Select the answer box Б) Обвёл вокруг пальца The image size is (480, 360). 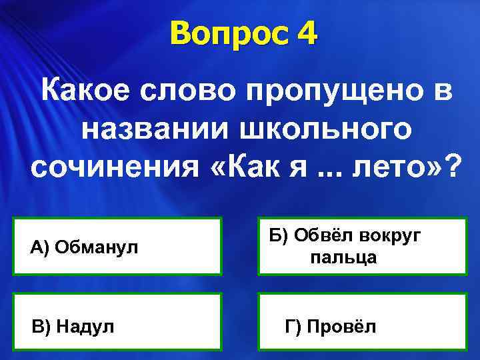(x=363, y=246)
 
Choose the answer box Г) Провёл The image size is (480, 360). (x=363, y=321)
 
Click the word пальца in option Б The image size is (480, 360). (x=343, y=257)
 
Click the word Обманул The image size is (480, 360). (x=97, y=248)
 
